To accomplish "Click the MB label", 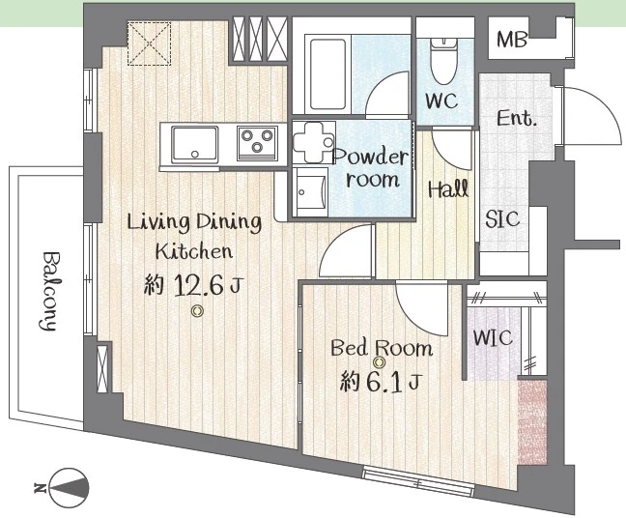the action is pos(512,40).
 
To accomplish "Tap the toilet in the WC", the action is pos(443,61).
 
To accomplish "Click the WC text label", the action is pos(441,101).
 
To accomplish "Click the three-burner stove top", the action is pos(257,143).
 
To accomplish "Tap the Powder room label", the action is pos(371,168).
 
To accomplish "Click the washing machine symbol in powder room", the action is pos(314,143).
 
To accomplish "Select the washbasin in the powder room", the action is pos(311,193).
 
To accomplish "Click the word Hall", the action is pos(448,188).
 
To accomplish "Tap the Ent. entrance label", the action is pos(516,118).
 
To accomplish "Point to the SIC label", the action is pos(502,219).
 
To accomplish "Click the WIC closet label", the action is pos(493,337).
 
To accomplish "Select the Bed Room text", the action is pos(382,348).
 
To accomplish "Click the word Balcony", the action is pos(49,291).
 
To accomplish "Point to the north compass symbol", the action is pos(69,488).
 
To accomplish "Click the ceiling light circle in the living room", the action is pos(197,311).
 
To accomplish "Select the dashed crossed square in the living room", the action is pos(149,43).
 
